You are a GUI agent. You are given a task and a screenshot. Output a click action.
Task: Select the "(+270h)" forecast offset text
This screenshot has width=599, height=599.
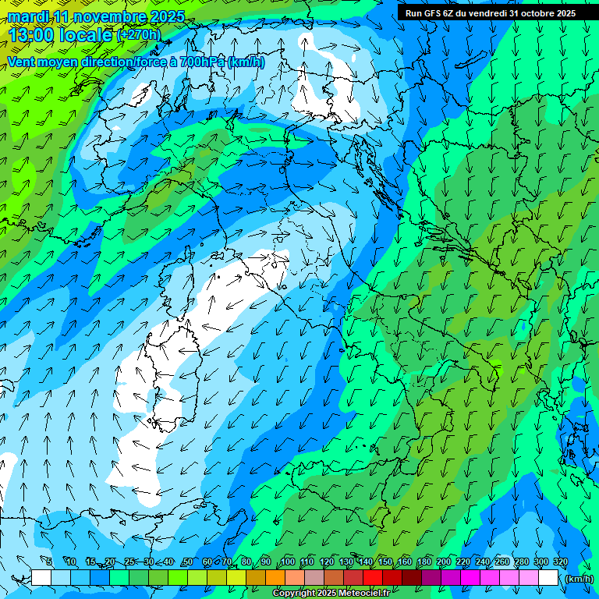coord(139,35)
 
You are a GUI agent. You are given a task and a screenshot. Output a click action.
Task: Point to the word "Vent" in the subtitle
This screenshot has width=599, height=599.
coord(22,62)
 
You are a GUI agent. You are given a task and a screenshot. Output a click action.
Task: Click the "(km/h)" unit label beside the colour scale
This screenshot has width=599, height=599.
coord(578,579)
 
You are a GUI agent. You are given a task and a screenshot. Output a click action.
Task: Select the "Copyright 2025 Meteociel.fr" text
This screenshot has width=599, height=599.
coord(331,594)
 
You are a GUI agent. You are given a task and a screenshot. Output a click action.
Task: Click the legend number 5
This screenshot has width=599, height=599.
coord(49,562)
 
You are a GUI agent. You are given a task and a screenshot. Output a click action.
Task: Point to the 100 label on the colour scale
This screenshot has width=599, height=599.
coord(287,562)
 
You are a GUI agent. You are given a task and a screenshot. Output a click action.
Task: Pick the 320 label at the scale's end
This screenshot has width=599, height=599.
coord(561,562)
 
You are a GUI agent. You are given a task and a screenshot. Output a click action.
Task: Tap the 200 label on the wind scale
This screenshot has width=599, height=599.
coord(444,562)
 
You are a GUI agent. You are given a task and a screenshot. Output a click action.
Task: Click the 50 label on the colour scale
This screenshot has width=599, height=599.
coord(188,562)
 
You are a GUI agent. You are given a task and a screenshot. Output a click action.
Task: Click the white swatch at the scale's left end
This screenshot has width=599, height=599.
coord(41,578)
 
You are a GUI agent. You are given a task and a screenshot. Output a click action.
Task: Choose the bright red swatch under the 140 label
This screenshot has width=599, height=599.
coord(374,578)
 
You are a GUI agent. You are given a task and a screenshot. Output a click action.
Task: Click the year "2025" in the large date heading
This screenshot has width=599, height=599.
coord(165,16)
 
